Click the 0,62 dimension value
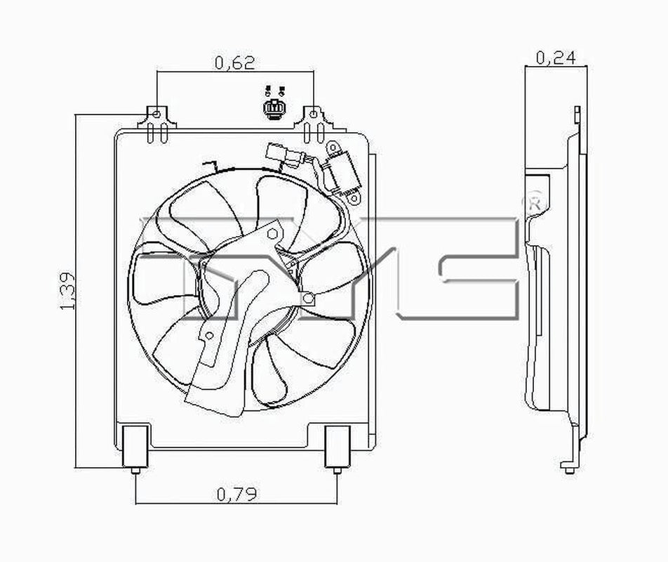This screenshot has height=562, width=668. [x=234, y=63]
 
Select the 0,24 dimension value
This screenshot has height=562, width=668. [x=555, y=58]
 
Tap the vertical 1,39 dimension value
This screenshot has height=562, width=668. [x=68, y=290]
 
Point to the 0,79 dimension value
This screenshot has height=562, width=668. [x=236, y=495]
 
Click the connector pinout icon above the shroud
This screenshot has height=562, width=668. [x=274, y=105]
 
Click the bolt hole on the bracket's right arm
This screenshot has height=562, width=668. [x=307, y=299]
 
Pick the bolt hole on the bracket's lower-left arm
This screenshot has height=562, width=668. [x=208, y=336]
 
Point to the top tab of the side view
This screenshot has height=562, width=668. [x=576, y=115]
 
